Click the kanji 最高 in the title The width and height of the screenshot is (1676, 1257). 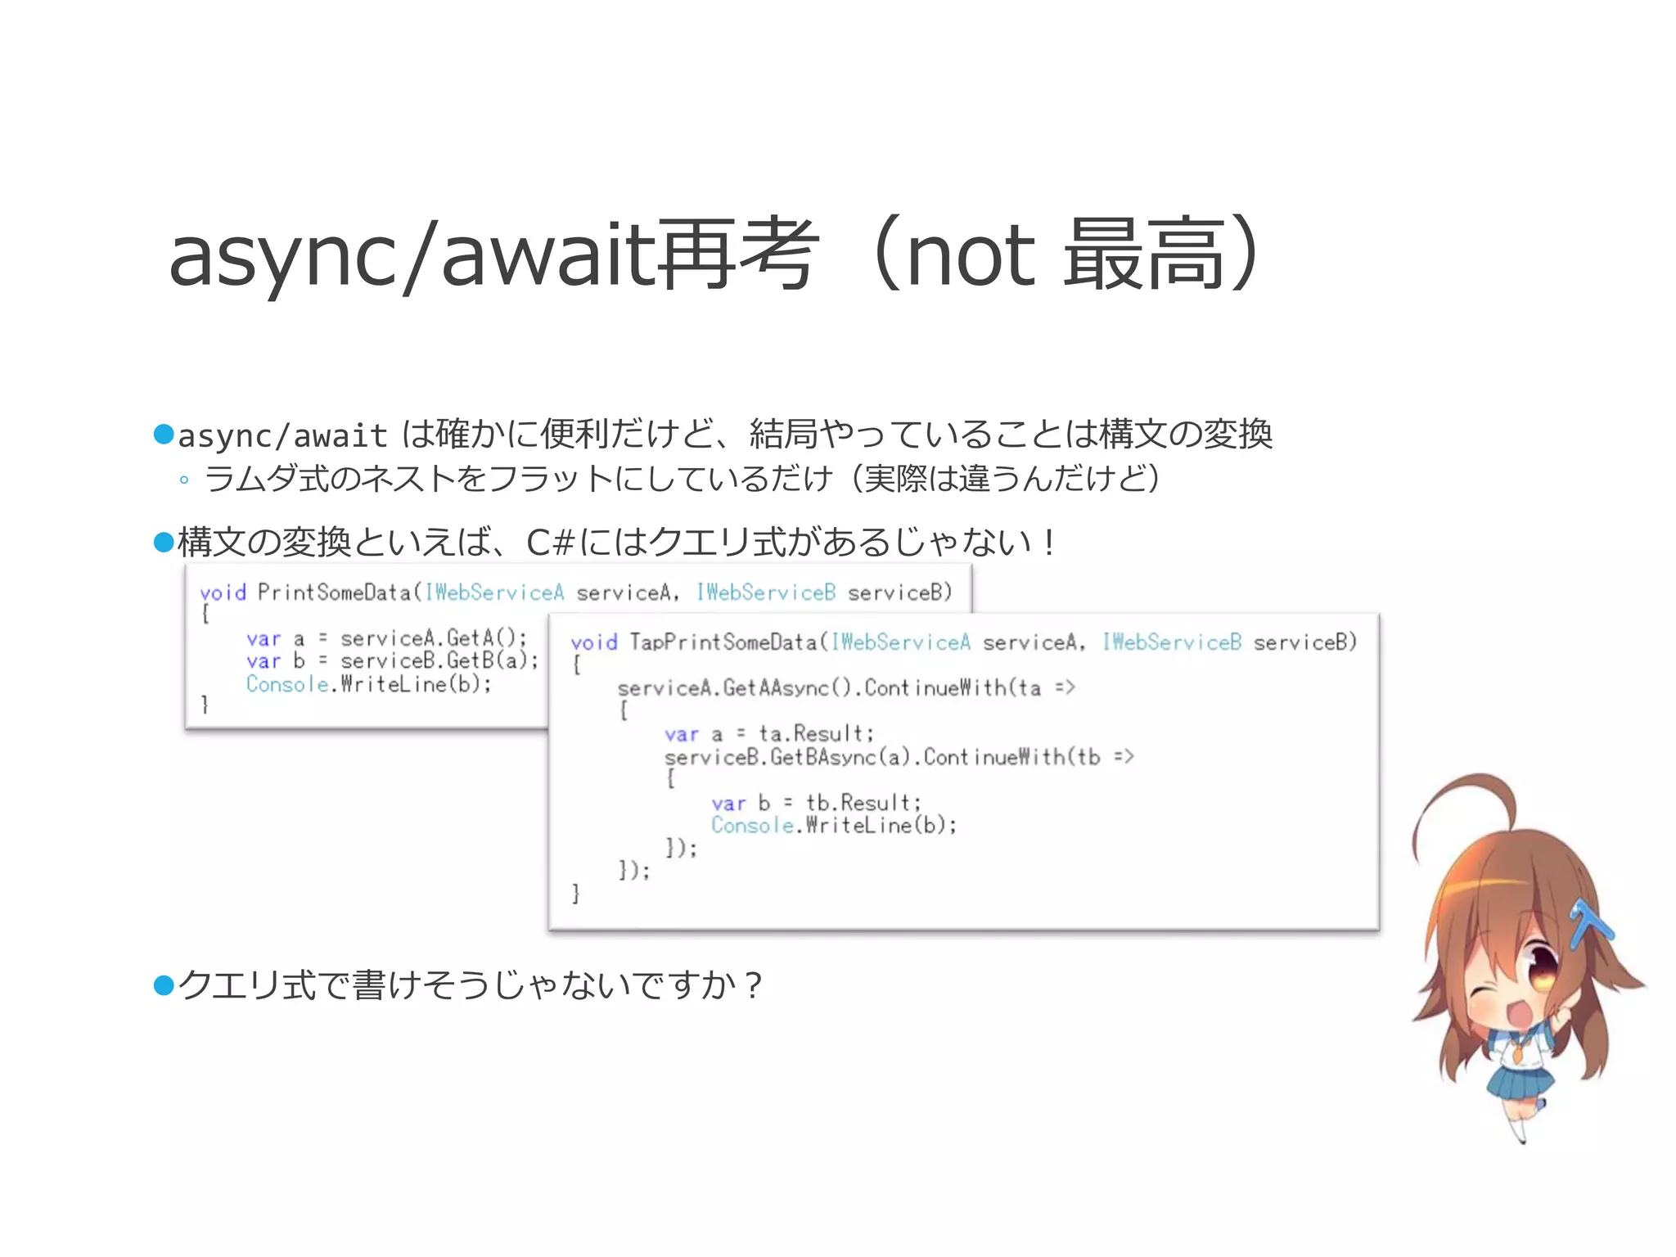[1143, 255]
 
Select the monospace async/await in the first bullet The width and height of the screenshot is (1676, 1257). [282, 436]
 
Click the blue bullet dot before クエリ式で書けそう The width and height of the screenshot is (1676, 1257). [164, 985]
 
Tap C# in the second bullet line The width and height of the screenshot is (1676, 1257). [549, 543]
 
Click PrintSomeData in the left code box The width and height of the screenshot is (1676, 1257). [334, 592]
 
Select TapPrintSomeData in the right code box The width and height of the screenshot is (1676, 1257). [723, 642]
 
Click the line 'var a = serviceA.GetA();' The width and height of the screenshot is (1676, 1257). [386, 638]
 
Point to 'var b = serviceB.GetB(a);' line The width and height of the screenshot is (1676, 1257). [392, 660]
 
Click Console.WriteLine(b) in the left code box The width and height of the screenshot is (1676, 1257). [368, 684]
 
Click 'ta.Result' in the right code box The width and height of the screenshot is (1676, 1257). [815, 733]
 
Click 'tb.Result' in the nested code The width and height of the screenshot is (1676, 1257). [863, 802]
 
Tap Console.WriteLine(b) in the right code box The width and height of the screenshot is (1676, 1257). [833, 825]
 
